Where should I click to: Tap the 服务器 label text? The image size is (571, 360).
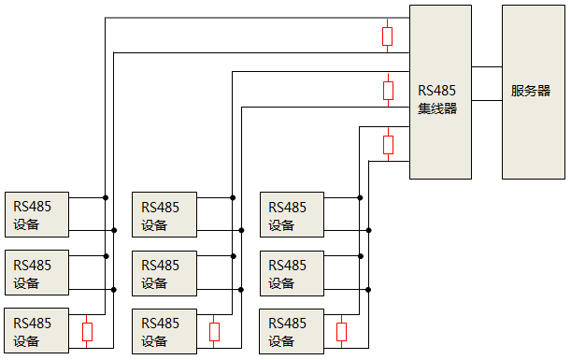coord(531,92)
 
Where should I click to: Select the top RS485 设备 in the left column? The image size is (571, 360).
coord(36,214)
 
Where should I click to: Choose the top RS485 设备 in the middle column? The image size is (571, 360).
coord(164,214)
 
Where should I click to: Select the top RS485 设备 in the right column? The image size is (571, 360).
coord(292,214)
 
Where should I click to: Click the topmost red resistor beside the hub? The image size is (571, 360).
coord(388,36)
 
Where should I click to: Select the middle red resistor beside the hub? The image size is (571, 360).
coord(388,90)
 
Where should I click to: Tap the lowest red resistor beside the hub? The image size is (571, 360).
coord(388,144)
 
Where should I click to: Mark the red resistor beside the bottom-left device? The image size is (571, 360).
coord(88,331)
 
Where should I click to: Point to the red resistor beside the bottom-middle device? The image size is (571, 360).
coord(215,331)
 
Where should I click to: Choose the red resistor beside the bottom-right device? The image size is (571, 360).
coord(342,331)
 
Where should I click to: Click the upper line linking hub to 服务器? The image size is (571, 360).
coord(487,67)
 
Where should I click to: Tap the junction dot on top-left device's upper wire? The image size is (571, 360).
coord(106,197)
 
